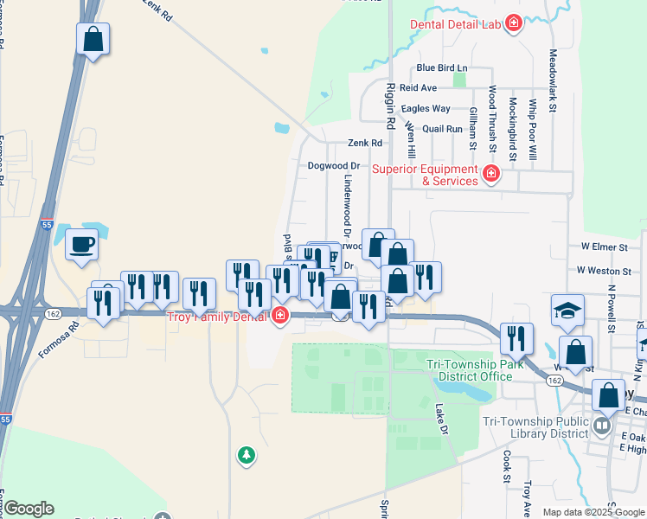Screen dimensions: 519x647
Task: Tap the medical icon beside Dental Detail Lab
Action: pos(514,22)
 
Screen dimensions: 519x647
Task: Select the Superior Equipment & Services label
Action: pos(425,175)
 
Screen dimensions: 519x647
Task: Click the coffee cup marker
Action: pos(81,244)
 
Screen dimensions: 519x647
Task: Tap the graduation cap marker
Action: pos(567,311)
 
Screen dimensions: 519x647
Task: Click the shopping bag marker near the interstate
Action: pos(93,39)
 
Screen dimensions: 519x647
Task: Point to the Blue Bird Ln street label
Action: pos(441,67)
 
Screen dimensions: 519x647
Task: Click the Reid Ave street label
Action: pos(418,87)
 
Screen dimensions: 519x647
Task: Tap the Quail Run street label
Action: pos(443,129)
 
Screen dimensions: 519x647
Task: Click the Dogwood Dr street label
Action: pos(332,165)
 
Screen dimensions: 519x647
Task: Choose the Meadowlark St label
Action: pos(552,78)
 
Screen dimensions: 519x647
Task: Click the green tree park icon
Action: pos(247,454)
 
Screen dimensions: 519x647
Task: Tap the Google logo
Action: pos(29,509)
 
